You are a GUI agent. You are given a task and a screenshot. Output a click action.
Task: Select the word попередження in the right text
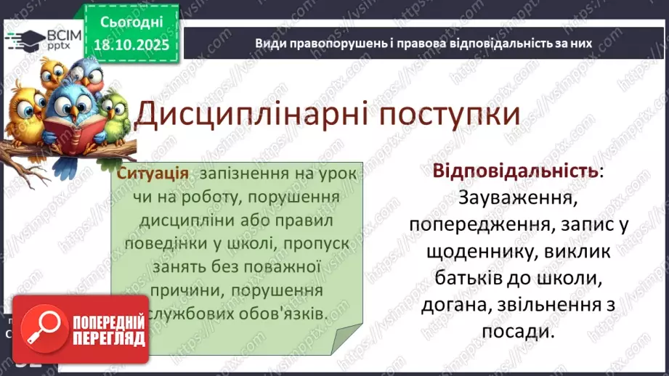tap(477, 225)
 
